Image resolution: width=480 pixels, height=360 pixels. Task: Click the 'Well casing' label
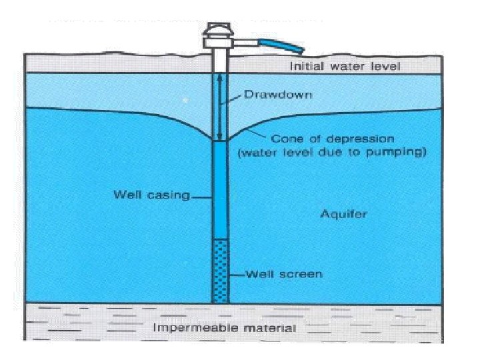pos(151,195)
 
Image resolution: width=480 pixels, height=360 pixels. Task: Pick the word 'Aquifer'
pos(343,214)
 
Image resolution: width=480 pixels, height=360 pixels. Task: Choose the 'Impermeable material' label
pos(225,327)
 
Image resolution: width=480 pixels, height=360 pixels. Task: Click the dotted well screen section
pos(219,271)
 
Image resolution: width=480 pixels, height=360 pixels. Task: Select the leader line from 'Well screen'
pos(237,275)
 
